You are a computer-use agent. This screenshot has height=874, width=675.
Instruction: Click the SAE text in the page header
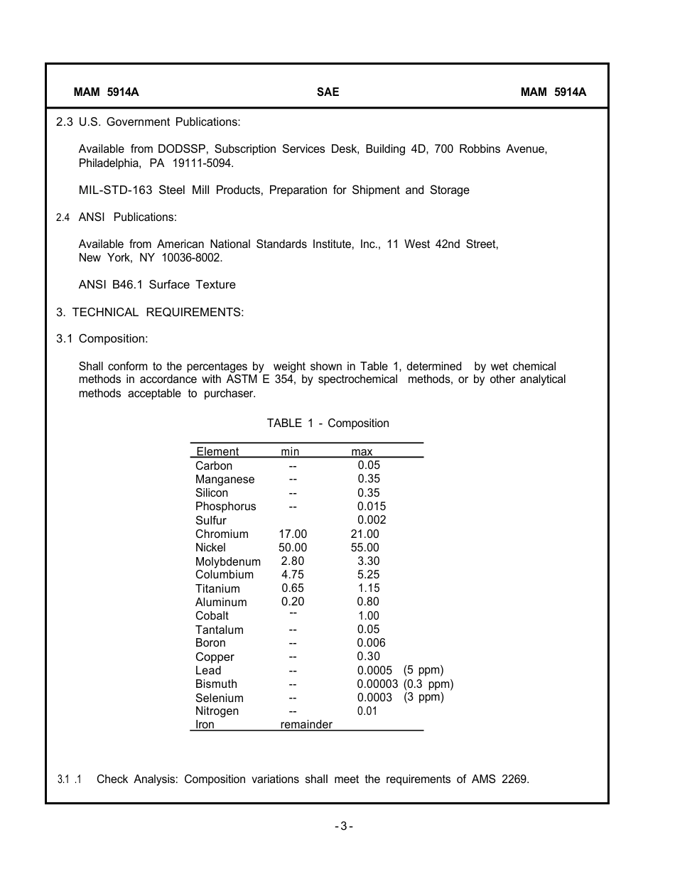328,92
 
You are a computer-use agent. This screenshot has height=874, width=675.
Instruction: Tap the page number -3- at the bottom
344,826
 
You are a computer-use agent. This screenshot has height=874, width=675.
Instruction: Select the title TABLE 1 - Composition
328,423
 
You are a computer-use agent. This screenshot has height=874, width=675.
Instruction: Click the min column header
290,452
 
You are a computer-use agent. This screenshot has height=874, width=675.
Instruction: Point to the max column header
362,452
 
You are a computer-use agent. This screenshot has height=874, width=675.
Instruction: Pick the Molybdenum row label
227,561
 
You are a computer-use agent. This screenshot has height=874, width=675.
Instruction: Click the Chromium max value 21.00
365,534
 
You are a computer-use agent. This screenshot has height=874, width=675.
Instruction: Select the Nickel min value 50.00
293,548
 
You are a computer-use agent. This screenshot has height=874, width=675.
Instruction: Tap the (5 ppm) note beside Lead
423,670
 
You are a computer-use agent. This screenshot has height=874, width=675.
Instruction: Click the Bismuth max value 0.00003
377,684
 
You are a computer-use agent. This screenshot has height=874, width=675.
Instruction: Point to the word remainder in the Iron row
306,725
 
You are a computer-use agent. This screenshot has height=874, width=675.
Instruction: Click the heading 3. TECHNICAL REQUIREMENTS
150,312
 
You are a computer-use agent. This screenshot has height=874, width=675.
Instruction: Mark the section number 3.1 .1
70,779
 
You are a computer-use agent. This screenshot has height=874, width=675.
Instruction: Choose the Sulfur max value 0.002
372,520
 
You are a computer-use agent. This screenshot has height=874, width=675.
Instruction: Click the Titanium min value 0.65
293,588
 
